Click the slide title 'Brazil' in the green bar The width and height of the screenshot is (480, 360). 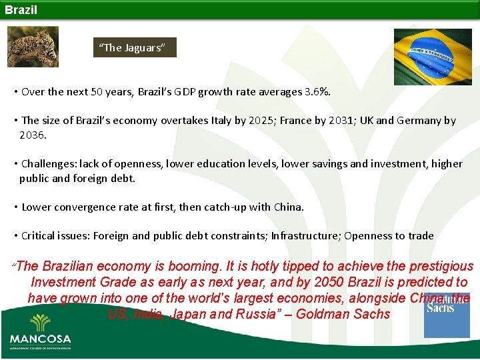click(x=21, y=10)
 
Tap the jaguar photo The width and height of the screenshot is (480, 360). click(x=33, y=47)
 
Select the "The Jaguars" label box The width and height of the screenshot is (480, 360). click(x=135, y=47)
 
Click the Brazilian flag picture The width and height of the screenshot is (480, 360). click(x=433, y=57)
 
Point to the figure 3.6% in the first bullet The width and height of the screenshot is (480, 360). click(x=317, y=91)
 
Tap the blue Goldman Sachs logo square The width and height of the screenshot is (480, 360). click(x=447, y=315)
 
